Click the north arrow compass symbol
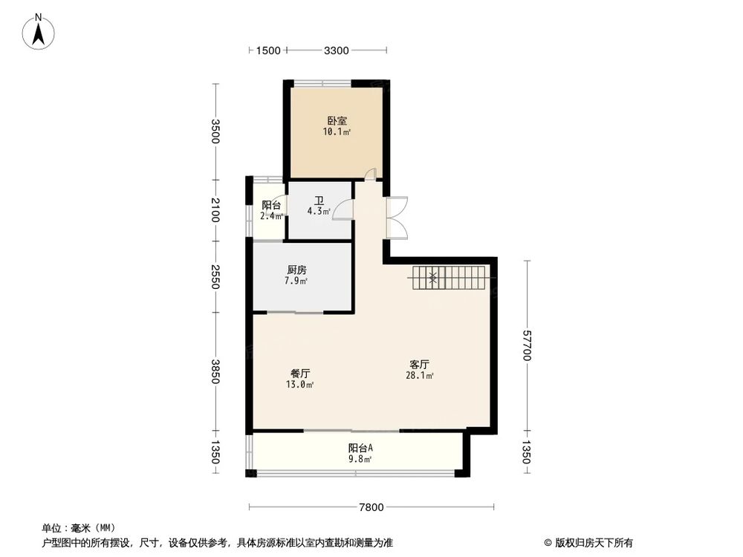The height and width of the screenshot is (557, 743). [x=39, y=32]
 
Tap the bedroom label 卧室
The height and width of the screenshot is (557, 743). [x=337, y=120]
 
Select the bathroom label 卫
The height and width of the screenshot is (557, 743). [x=319, y=201]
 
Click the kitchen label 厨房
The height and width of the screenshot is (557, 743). [x=296, y=270]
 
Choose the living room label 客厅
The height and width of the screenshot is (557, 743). [x=420, y=365]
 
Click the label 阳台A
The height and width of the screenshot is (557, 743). [x=360, y=448]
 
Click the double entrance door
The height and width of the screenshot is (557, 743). [x=396, y=217]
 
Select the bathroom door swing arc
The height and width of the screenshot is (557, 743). [x=343, y=211]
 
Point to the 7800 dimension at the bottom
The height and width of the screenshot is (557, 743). [x=371, y=508]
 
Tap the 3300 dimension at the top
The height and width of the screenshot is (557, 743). [x=337, y=51]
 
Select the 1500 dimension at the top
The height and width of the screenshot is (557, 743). [x=267, y=51]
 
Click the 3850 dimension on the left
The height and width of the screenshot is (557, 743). [x=215, y=371]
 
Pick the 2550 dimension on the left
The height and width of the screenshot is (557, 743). [x=215, y=276]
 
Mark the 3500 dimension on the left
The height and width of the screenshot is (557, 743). [x=215, y=131]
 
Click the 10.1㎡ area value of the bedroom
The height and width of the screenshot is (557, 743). [x=337, y=132]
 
